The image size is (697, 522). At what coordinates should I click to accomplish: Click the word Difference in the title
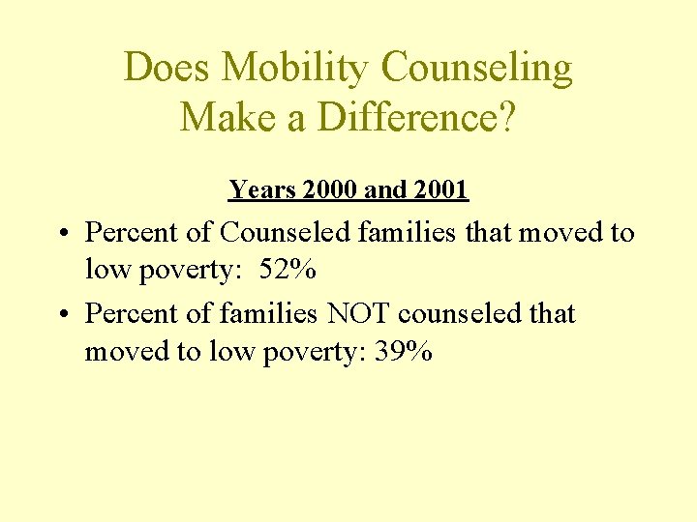point(406,118)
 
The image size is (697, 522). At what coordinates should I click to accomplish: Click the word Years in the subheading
point(262,190)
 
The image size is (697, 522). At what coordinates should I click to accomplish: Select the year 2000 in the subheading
point(330,190)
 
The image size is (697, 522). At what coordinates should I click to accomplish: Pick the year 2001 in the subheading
point(439,190)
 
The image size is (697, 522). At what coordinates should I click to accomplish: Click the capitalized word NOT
point(361,314)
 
